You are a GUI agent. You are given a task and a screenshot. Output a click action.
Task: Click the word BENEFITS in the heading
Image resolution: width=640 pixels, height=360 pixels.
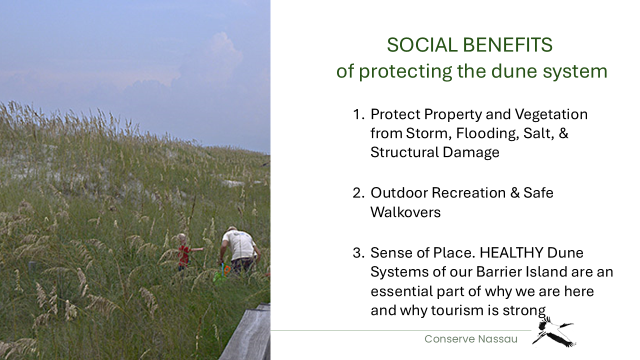[x=507, y=45]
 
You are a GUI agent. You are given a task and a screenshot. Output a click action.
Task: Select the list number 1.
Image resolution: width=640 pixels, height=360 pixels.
[x=358, y=114]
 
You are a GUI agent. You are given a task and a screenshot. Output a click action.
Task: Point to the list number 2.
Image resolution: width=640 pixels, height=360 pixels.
[x=358, y=193]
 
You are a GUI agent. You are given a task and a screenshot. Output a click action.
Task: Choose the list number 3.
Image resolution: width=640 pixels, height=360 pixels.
[x=358, y=253]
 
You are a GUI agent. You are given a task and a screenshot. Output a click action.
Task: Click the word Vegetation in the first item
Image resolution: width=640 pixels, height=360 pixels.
[x=551, y=115]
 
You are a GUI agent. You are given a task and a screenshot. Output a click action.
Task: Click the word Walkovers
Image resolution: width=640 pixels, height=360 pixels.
[x=405, y=212]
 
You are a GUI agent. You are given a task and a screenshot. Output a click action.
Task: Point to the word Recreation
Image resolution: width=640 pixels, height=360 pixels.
[x=468, y=193]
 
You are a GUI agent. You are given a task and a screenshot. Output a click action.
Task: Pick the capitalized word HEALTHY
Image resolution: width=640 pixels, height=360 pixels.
[x=511, y=253]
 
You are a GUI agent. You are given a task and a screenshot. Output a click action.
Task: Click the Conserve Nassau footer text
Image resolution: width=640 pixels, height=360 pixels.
[x=471, y=339]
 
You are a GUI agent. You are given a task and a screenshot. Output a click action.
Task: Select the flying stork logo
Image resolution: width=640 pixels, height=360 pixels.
[x=553, y=332]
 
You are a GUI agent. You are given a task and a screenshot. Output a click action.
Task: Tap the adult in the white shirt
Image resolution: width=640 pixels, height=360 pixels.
[x=239, y=250]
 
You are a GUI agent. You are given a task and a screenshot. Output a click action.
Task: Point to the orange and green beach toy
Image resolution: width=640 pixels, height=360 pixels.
[x=222, y=272]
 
